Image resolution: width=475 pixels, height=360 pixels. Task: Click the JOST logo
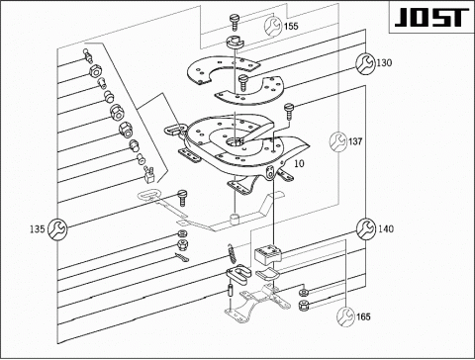(x=431, y=18)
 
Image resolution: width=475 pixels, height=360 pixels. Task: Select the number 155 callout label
(x=291, y=26)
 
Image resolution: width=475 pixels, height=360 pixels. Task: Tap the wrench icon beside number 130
(x=365, y=63)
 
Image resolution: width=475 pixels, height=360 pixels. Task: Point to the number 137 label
(x=355, y=141)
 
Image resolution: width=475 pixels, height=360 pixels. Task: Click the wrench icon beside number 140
(x=366, y=228)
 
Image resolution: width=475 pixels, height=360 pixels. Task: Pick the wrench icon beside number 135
(x=57, y=228)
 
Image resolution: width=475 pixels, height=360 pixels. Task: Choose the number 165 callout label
(x=363, y=316)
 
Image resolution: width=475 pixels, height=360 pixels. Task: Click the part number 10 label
(x=299, y=163)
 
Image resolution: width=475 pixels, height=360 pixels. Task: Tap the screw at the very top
(x=236, y=20)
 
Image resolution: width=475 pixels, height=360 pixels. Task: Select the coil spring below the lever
(x=232, y=253)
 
